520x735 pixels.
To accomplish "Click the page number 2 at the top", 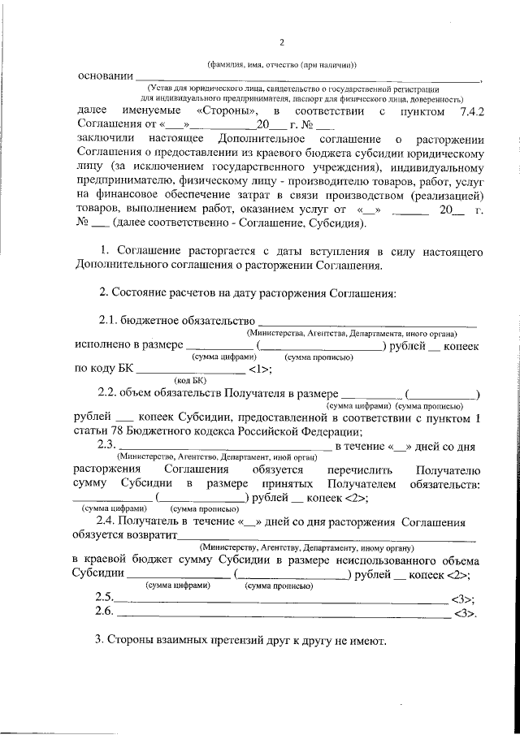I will [x=281, y=43].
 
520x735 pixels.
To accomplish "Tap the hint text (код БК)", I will [x=191, y=379].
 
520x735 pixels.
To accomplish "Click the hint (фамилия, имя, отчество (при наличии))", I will [x=281, y=63].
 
